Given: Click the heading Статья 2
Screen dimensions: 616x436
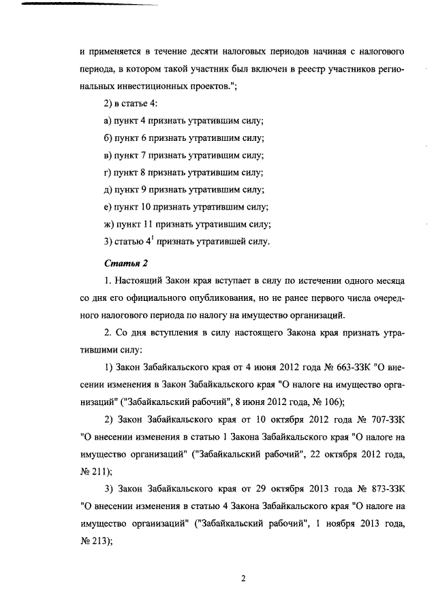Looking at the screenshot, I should (x=125, y=262).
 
